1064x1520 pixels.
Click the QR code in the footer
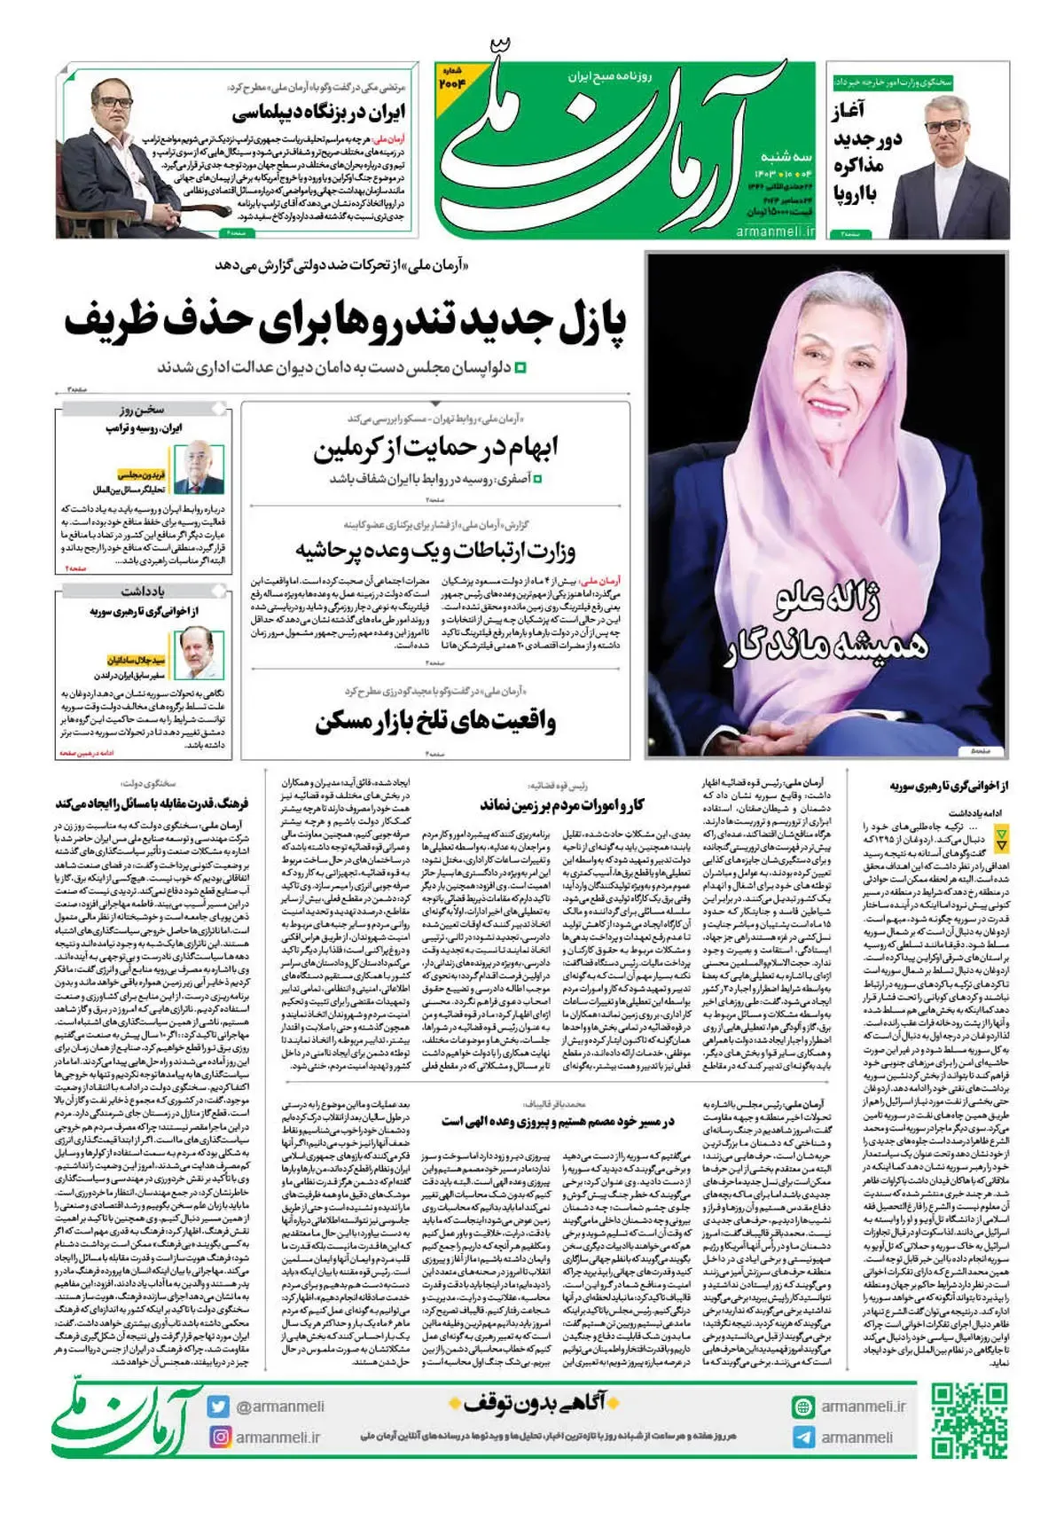click(x=969, y=1420)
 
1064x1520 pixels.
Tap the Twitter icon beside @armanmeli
click(x=218, y=1406)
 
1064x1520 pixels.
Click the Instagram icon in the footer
click(x=218, y=1437)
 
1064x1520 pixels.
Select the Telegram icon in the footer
click(x=803, y=1437)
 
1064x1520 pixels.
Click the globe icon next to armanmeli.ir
click(x=803, y=1406)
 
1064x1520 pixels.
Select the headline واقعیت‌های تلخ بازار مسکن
click(x=435, y=722)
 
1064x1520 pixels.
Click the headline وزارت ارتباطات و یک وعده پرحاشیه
click(x=435, y=551)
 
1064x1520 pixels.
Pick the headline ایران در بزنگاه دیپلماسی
click(x=318, y=113)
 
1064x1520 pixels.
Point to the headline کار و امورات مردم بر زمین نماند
click(x=562, y=805)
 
